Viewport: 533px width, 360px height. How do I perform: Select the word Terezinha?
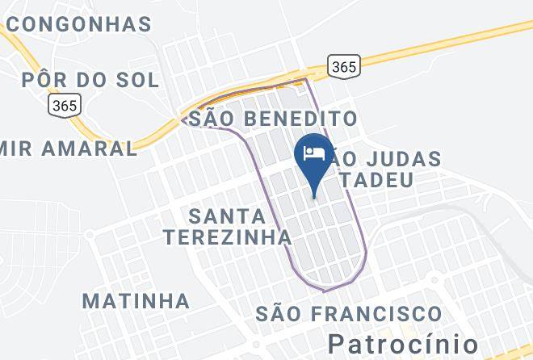tap(227, 237)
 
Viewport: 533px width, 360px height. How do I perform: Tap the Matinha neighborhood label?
tap(136, 302)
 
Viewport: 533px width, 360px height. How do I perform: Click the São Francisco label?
tap(348, 313)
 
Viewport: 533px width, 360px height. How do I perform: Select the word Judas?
tap(401, 158)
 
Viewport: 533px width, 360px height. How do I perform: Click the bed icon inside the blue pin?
tap(313, 150)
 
